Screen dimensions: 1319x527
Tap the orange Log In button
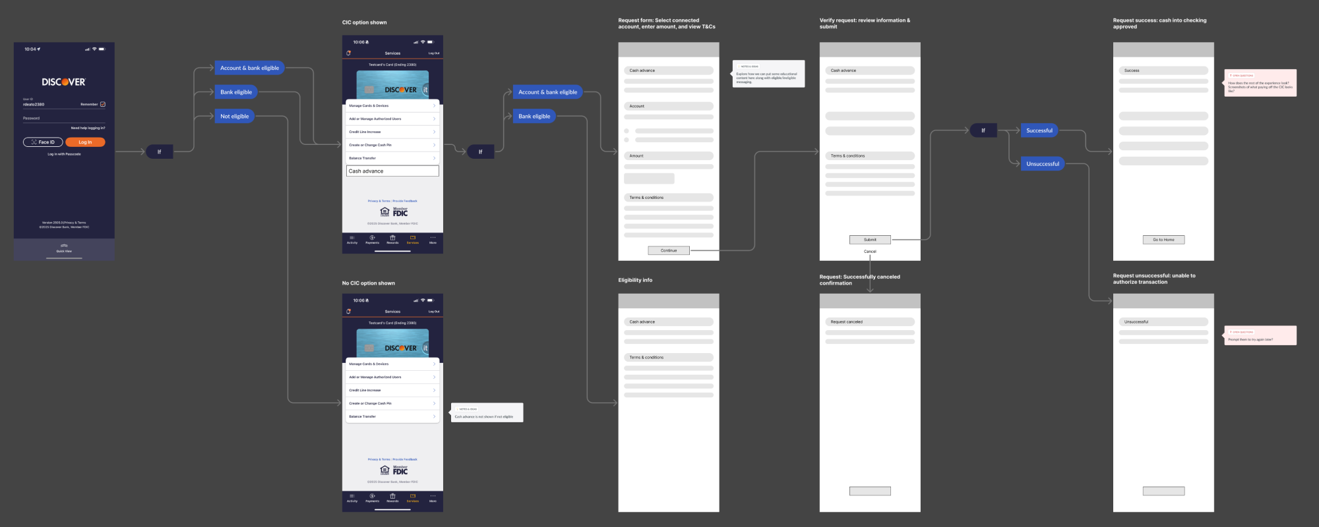click(x=85, y=142)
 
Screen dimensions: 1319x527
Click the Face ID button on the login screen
click(x=43, y=142)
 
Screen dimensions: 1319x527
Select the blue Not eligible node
click(x=235, y=117)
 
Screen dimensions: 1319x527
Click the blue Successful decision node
click(x=1039, y=130)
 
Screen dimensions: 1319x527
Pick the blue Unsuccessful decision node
click(x=1043, y=164)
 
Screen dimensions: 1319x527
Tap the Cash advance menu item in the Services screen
click(x=392, y=171)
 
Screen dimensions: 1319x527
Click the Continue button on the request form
click(x=669, y=250)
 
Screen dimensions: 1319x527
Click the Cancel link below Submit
click(x=870, y=252)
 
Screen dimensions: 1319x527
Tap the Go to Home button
click(x=1163, y=240)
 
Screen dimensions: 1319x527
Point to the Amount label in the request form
click(x=636, y=156)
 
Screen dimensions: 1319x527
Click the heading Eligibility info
click(x=635, y=280)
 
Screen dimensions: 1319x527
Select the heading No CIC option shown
click(x=369, y=283)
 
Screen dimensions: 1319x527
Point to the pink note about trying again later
click(x=1260, y=336)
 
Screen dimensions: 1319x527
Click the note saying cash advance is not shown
click(x=487, y=413)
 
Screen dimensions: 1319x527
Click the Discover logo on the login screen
click(x=64, y=82)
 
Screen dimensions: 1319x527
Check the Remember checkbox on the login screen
click(x=103, y=104)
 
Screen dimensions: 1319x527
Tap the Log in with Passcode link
click(x=64, y=154)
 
